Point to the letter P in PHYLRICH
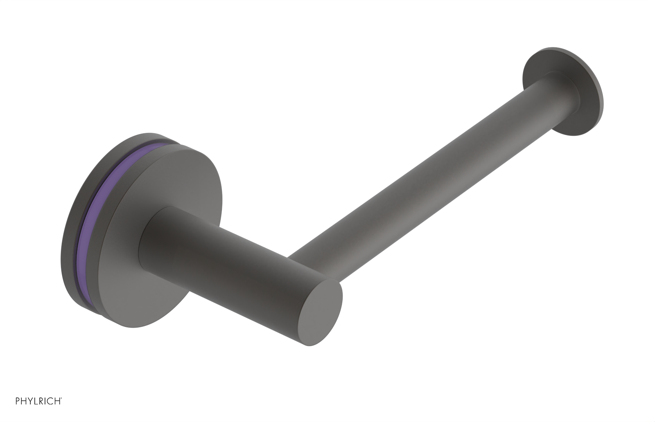18,401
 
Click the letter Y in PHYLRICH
30,401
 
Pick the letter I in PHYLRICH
45,401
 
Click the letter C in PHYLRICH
50,401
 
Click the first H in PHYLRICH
23,401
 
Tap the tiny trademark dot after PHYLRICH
61,398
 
